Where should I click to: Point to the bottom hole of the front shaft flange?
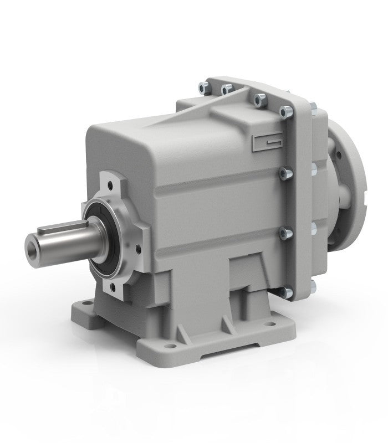pyautogui.click(x=114, y=286)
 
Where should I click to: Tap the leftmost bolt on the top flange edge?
pyautogui.click(x=202, y=86)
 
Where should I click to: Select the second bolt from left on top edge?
pyautogui.click(x=226, y=89)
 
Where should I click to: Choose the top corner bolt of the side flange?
pyautogui.click(x=286, y=111)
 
